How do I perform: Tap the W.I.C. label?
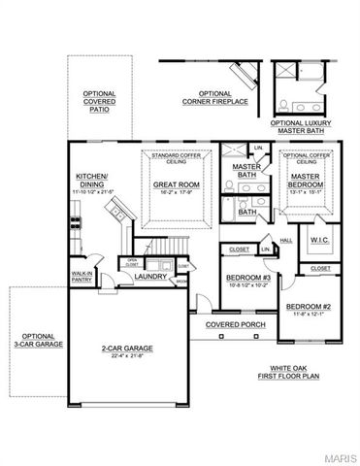pos(322,241)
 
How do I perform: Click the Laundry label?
pos(151,276)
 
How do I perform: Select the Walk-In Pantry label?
pos(82,278)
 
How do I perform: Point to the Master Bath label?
pos(245,172)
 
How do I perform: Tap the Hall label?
pos(286,240)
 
